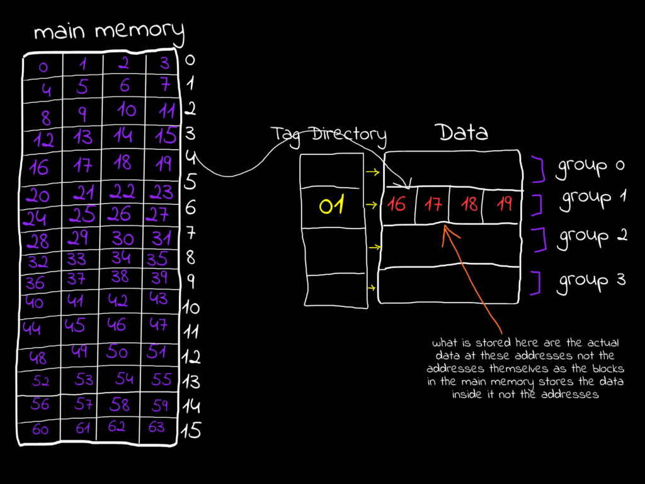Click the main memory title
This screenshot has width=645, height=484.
pyautogui.click(x=109, y=31)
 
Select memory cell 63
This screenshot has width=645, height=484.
pyautogui.click(x=156, y=428)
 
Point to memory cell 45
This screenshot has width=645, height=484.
pyautogui.click(x=75, y=326)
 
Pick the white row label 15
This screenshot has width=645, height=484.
pyautogui.click(x=191, y=431)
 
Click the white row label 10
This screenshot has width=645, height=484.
pyautogui.click(x=191, y=308)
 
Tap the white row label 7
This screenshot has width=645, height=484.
pyautogui.click(x=191, y=233)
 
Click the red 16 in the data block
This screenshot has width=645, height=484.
pyautogui.click(x=397, y=205)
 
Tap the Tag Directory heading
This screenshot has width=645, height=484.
pyautogui.click(x=328, y=134)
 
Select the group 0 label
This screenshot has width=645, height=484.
pyautogui.click(x=590, y=166)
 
